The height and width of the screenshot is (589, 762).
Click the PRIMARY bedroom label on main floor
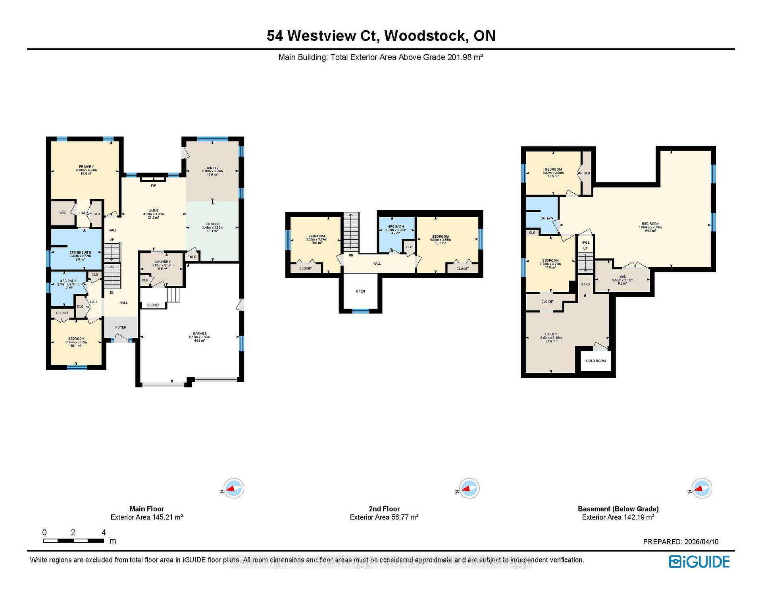click(x=86, y=167)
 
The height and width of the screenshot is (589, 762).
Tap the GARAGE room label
click(x=197, y=333)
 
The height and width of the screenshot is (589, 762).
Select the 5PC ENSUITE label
click(x=81, y=252)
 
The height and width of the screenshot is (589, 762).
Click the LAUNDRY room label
click(x=163, y=262)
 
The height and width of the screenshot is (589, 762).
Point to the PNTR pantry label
click(x=192, y=257)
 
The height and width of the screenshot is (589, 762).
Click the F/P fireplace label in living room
click(x=153, y=186)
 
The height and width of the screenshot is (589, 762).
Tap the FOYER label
click(x=121, y=327)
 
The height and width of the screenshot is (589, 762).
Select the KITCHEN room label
click(x=212, y=224)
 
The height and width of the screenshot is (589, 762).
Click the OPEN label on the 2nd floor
click(x=360, y=291)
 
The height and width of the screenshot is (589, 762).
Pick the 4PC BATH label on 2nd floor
click(x=396, y=227)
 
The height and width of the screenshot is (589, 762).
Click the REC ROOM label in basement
click(x=650, y=224)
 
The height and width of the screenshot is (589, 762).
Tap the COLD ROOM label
click(x=596, y=361)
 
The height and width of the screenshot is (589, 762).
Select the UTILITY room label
click(x=551, y=334)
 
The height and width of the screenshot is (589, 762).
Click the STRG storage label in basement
click(x=585, y=285)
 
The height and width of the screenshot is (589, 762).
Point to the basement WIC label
click(x=623, y=277)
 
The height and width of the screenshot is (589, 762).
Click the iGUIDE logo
click(x=699, y=562)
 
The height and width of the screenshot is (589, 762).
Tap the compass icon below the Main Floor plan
click(x=234, y=489)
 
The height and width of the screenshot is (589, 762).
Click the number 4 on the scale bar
click(x=104, y=533)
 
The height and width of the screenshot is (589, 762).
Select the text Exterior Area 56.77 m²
click(x=384, y=517)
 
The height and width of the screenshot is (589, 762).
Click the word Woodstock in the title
click(x=425, y=36)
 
